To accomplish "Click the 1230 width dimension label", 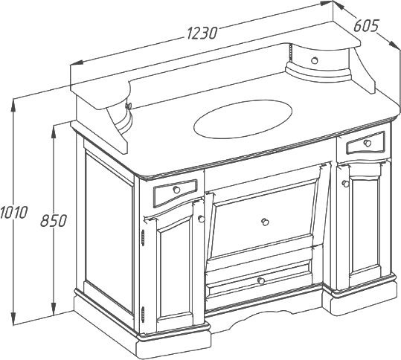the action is coord(202,33).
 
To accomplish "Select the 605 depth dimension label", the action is coord(366,26).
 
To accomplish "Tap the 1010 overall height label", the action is coord(13,213).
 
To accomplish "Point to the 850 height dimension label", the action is coord(54,221).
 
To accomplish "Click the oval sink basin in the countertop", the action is coord(243,119).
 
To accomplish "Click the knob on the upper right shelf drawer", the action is coord(314,60).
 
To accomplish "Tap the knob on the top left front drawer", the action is coord(176,190).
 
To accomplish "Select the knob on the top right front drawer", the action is coord(368,143).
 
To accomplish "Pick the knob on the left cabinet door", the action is coord(202,219).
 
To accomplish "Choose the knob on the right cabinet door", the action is coord(345,184).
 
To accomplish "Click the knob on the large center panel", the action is coord(265,222).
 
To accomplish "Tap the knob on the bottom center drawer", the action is coord(261,281).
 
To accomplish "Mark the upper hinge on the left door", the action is coord(143,237).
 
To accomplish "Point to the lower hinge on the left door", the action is coord(143,314).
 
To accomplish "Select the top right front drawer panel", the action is coord(366,143).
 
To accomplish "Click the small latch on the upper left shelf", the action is coord(128,106).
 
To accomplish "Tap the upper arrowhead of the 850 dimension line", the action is coord(54,132).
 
